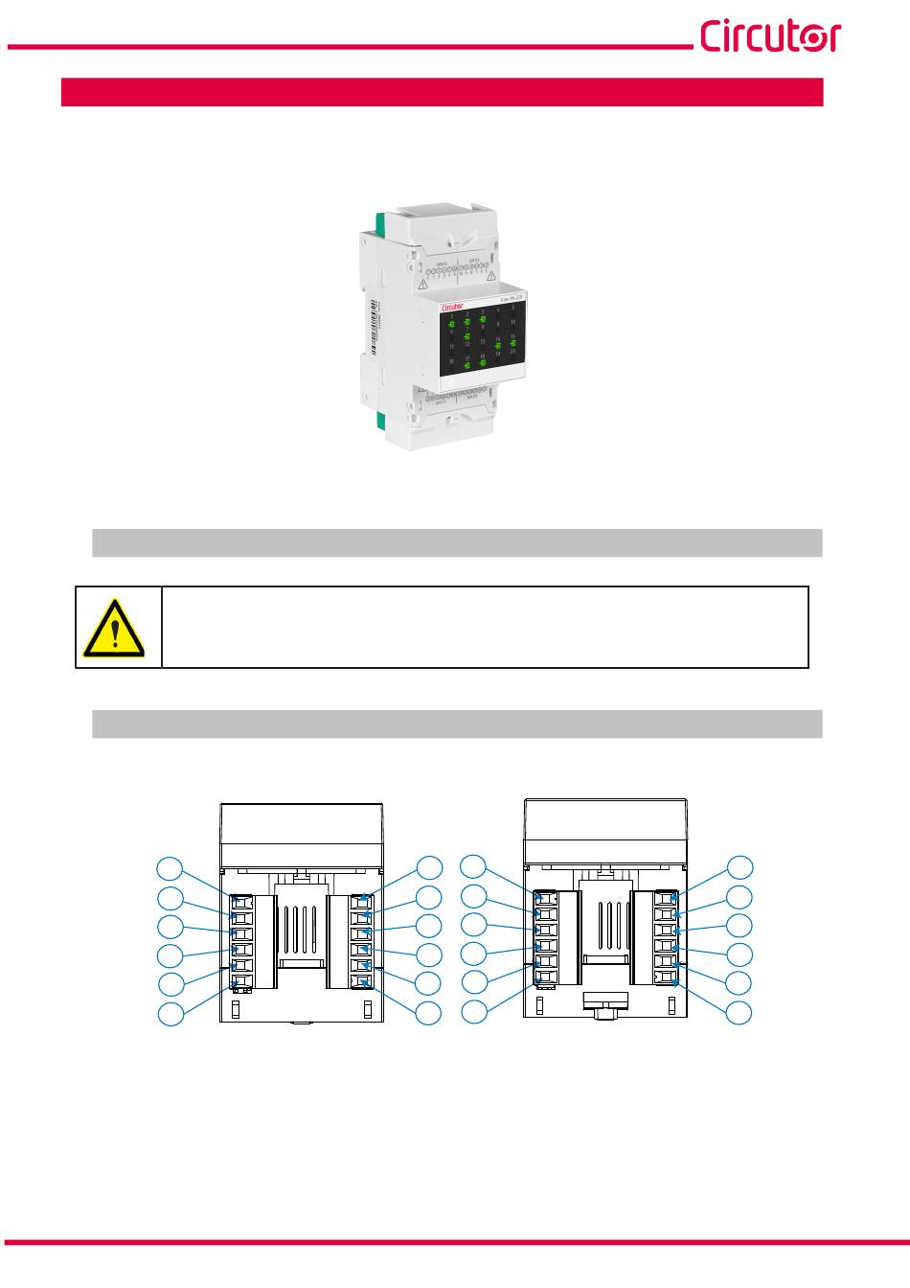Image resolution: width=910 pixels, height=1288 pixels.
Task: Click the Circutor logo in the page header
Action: pyautogui.click(x=770, y=35)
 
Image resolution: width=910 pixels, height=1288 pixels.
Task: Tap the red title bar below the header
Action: pyautogui.click(x=442, y=92)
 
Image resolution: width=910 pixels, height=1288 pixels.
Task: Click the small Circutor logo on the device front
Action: pyautogui.click(x=452, y=307)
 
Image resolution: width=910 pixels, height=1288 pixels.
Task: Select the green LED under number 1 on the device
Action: pyautogui.click(x=451, y=325)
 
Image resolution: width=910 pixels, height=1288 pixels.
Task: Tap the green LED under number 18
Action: pyautogui.click(x=483, y=363)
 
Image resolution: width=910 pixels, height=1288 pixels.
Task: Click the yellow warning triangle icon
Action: pyautogui.click(x=114, y=629)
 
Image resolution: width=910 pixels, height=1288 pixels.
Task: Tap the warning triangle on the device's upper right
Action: pyautogui.click(x=490, y=277)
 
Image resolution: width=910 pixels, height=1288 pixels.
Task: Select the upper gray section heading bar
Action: pyautogui.click(x=457, y=542)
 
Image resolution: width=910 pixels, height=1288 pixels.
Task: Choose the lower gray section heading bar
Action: pyautogui.click(x=457, y=724)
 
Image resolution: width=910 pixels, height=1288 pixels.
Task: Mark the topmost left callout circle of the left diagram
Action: pyautogui.click(x=171, y=868)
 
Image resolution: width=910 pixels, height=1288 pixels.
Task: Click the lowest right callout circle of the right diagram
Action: pyautogui.click(x=739, y=1012)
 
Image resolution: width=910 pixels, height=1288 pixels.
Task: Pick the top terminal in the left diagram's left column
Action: pyautogui.click(x=240, y=902)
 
